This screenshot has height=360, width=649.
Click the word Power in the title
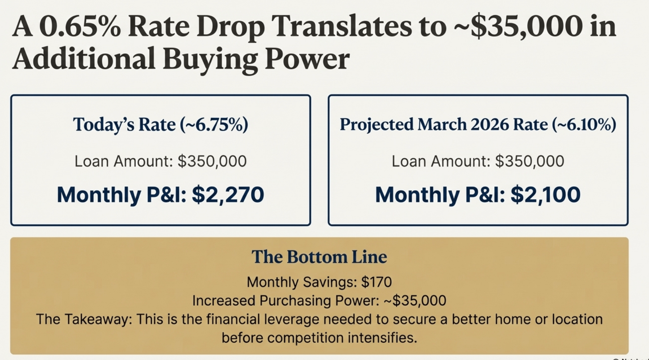(307, 59)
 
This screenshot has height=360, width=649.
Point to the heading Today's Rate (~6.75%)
(160, 125)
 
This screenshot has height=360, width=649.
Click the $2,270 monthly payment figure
(228, 195)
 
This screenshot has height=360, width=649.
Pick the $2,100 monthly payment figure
(545, 195)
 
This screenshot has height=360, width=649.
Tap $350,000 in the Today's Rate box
(212, 161)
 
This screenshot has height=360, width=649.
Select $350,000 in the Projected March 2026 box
(529, 161)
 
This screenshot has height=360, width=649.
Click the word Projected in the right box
(377, 125)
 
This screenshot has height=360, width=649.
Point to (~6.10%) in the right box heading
(584, 125)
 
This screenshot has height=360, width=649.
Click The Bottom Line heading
(319, 257)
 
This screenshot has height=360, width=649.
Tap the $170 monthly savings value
(377, 282)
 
